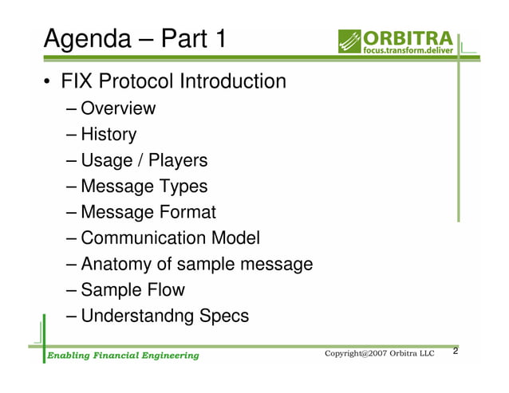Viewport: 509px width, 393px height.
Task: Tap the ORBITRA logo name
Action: pos(408,37)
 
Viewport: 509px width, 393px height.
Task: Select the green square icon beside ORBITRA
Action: pos(349,41)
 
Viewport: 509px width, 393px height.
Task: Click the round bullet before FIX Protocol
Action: pos(48,83)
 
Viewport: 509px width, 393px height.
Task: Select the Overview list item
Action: pos(118,108)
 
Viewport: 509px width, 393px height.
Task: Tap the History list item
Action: pos(109,135)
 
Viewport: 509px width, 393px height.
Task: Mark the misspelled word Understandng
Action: pos(136,316)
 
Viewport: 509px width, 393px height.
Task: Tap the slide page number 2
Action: pos(456,352)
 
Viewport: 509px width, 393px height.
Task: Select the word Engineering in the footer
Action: pos(167,355)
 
